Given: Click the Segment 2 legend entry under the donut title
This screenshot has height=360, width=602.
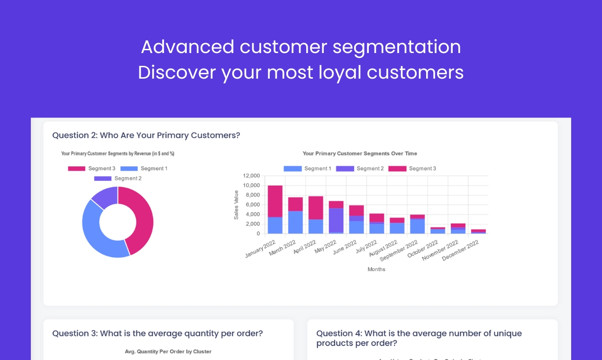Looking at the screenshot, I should pyautogui.click(x=118, y=179).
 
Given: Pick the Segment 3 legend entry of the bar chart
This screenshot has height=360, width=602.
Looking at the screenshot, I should pyautogui.click(x=412, y=169).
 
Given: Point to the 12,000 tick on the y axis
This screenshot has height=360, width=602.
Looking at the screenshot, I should pyautogui.click(x=251, y=176).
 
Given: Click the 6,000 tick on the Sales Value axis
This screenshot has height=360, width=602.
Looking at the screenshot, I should pyautogui.click(x=253, y=205).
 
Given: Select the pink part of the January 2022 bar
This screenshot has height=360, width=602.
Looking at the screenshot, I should pyautogui.click(x=275, y=201).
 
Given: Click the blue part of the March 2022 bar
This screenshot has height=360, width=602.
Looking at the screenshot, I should pyautogui.click(x=295, y=222).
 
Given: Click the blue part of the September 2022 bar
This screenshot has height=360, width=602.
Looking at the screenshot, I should pyautogui.click(x=417, y=226).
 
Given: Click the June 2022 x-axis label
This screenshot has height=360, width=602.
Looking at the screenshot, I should pyautogui.click(x=345, y=247).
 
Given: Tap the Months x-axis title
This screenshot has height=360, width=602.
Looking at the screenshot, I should pyautogui.click(x=376, y=270).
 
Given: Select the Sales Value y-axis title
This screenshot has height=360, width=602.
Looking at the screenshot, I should pyautogui.click(x=236, y=205).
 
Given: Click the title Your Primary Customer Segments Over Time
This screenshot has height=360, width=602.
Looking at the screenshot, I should pyautogui.click(x=360, y=153).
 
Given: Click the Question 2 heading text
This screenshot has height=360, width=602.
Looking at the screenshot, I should pyautogui.click(x=146, y=135).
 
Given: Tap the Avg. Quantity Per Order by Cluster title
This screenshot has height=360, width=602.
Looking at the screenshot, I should pyautogui.click(x=168, y=351).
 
